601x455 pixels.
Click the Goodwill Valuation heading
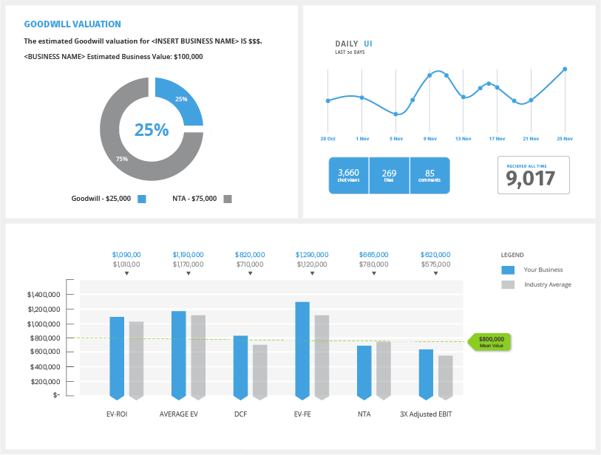coord(72,24)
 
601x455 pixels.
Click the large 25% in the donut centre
coord(152,130)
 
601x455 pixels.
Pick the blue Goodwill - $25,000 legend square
coord(142,199)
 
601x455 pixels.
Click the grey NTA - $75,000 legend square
coord(228,199)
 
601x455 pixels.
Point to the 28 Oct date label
coord(327,139)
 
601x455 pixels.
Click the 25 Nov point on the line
coord(565,69)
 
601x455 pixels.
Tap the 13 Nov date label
coord(464,139)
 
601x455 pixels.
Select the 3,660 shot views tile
coord(348,175)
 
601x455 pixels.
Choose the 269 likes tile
coord(389,175)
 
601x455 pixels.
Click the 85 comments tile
coord(429,175)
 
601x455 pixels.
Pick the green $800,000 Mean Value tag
coord(490,341)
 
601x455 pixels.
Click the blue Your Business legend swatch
coord(508,270)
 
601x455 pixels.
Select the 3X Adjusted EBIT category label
coord(426,414)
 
